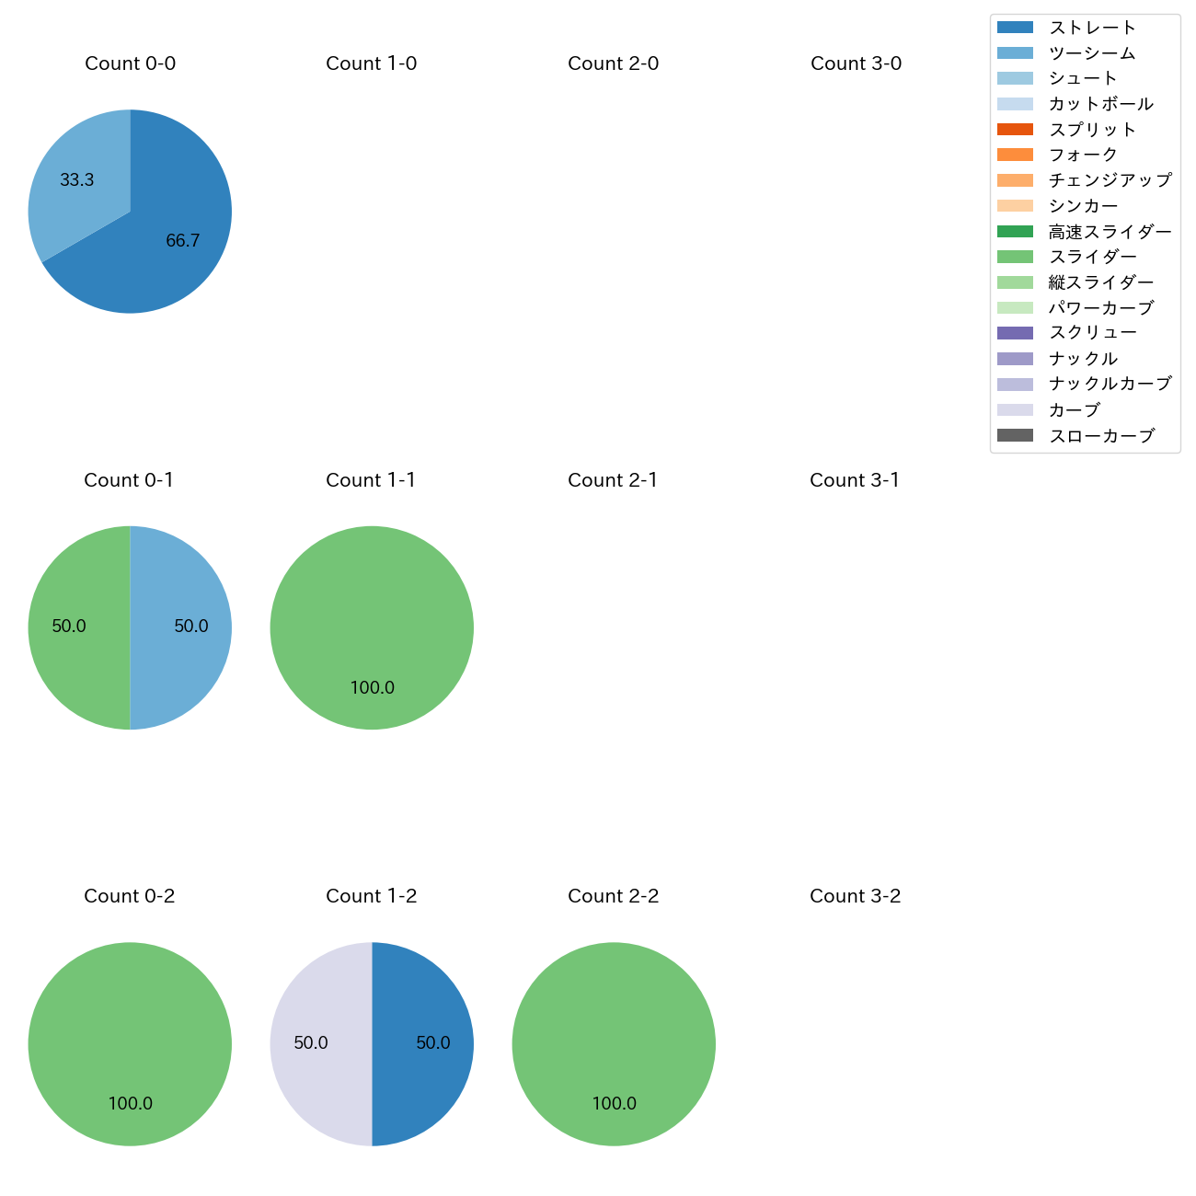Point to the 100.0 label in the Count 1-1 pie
(x=372, y=687)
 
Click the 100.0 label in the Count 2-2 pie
(x=614, y=1103)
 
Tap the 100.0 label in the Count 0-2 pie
(x=130, y=1103)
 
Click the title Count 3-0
(x=856, y=63)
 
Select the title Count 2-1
(x=613, y=480)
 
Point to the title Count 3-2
(x=855, y=896)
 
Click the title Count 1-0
(x=371, y=63)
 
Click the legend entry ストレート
(x=1092, y=28)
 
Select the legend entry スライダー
(x=1092, y=257)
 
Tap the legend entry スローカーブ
(x=1101, y=436)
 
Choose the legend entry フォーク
(x=1083, y=155)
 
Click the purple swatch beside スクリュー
(x=1015, y=333)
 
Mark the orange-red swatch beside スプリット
(x=1015, y=129)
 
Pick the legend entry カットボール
(x=1100, y=104)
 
